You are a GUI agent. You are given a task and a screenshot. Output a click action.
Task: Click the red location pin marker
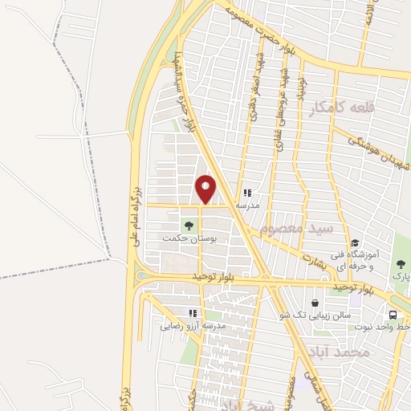[x=205, y=189]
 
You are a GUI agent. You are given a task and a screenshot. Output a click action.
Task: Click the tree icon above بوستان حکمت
[x=189, y=226]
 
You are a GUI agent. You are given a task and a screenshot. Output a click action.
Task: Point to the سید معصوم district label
[x=296, y=230]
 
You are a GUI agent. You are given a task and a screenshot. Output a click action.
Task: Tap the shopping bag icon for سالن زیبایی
[x=314, y=303]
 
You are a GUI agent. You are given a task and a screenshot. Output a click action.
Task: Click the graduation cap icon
[x=354, y=243]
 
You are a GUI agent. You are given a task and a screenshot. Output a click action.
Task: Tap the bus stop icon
[x=393, y=315]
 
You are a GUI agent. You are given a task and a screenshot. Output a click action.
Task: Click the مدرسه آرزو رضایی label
[x=193, y=326]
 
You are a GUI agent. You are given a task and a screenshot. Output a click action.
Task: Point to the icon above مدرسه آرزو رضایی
[x=192, y=313]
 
